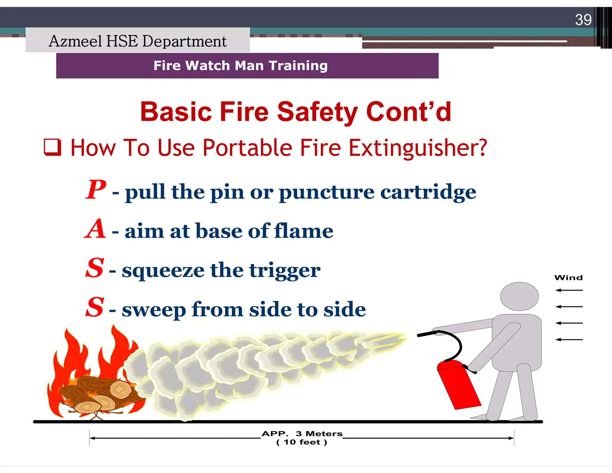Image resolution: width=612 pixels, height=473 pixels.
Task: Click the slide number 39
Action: pyautogui.click(x=583, y=20)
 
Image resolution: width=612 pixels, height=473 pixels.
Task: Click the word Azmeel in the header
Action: pyautogui.click(x=75, y=41)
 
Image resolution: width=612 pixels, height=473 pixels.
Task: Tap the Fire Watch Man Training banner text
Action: pyautogui.click(x=241, y=65)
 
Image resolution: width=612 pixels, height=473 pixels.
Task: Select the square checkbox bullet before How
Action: pyautogui.click(x=53, y=147)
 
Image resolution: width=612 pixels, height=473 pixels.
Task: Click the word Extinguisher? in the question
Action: pyautogui.click(x=418, y=148)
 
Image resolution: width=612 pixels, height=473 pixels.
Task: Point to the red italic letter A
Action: pyautogui.click(x=95, y=229)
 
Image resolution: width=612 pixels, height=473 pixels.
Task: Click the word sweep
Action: pyautogui.click(x=154, y=310)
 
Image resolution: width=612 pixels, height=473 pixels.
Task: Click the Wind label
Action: pyautogui.click(x=568, y=278)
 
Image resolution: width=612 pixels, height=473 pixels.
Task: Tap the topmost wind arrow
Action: pyautogui.click(x=569, y=290)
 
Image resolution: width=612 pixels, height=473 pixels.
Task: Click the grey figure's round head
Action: pyautogui.click(x=519, y=296)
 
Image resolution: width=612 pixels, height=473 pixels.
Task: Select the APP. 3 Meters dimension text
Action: pyautogui.click(x=302, y=434)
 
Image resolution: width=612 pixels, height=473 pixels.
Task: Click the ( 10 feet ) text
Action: pyautogui.click(x=302, y=442)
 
